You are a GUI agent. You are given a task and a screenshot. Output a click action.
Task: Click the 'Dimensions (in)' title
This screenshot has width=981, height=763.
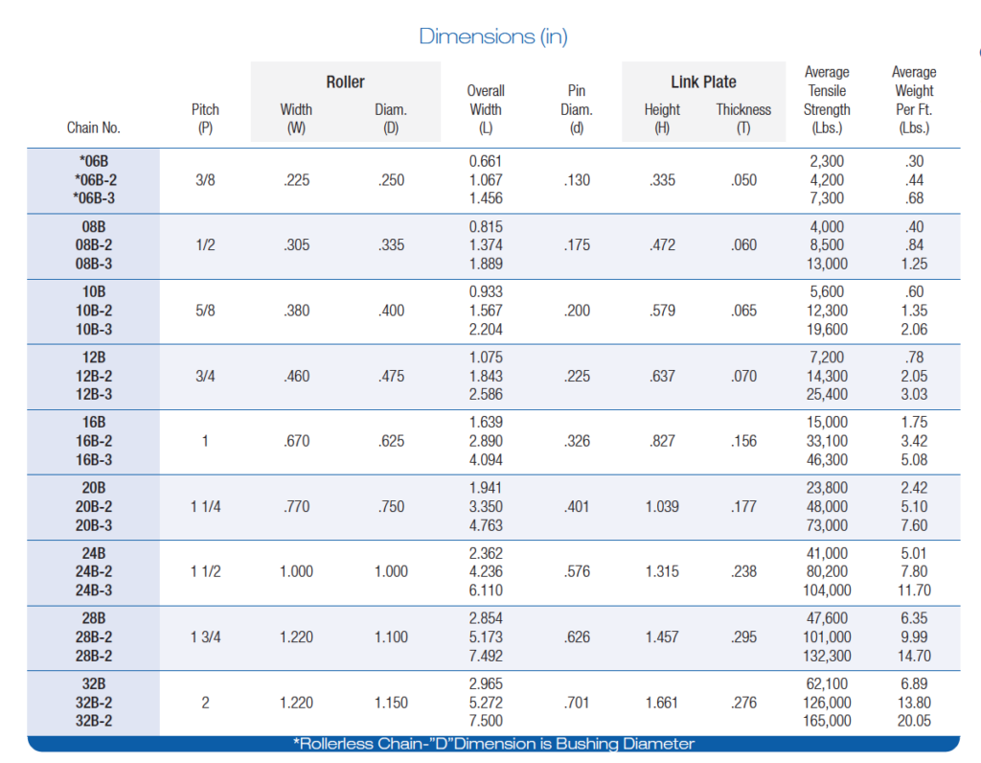point(493,36)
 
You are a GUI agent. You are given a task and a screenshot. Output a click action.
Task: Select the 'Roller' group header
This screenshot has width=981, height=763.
point(345,82)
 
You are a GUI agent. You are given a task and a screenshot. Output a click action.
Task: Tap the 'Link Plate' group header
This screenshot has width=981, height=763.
point(703,82)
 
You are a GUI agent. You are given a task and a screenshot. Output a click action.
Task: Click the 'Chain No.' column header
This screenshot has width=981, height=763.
point(94,127)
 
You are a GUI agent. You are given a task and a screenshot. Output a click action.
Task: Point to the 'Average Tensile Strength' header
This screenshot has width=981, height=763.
point(827,100)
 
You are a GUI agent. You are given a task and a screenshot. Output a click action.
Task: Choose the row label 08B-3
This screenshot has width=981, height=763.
point(94,264)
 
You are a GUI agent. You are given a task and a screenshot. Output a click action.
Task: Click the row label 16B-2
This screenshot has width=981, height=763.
point(94,441)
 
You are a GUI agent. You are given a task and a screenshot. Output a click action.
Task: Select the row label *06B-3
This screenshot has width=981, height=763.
point(94,197)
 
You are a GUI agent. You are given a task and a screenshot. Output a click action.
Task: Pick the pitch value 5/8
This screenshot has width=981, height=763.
point(205,311)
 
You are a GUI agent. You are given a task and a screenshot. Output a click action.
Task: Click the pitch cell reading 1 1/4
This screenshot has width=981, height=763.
point(205,506)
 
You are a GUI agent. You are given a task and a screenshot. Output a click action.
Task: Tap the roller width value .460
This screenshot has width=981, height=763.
point(297,376)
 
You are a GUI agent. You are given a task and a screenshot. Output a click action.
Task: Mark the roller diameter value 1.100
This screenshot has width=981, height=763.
point(391,636)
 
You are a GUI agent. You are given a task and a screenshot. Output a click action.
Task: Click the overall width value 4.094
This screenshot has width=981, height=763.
point(486,460)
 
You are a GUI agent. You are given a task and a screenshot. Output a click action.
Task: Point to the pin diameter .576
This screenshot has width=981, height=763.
point(577,571)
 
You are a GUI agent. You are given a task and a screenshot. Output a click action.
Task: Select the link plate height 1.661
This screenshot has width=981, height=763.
point(662,703)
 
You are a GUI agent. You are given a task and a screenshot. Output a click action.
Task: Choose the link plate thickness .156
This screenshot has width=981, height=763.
point(743,441)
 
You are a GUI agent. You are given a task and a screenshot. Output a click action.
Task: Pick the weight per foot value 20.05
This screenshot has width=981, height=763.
point(913,721)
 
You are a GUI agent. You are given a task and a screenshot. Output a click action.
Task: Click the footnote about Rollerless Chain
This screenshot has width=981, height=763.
point(493,744)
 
